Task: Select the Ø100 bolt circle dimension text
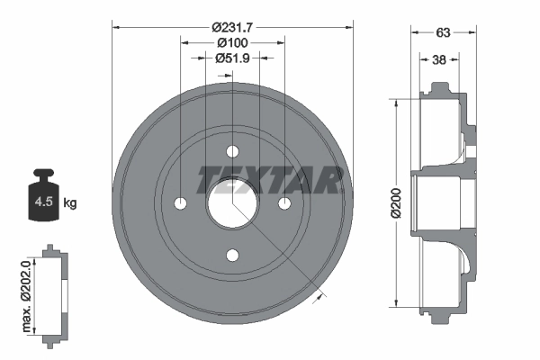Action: tap(232, 41)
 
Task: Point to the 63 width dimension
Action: tap(442, 32)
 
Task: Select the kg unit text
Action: tap(70, 203)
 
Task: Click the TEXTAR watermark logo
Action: tap(268, 180)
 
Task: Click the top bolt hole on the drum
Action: tap(232, 150)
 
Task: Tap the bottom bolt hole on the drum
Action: tap(232, 256)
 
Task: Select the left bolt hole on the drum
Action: tap(180, 202)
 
